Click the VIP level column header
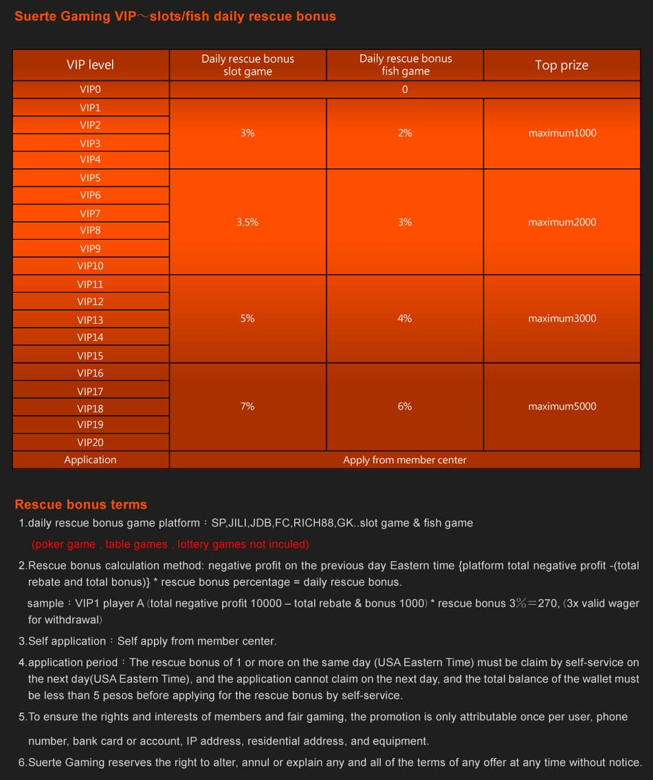point(90,65)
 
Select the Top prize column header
point(562,65)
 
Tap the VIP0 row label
point(90,89)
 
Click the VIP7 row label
point(90,214)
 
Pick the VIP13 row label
point(90,320)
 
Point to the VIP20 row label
point(90,443)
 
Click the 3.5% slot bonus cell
point(247,222)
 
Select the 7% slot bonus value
point(247,406)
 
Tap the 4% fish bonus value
point(405,318)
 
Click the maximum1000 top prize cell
point(562,133)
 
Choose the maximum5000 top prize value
point(562,406)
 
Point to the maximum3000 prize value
point(562,318)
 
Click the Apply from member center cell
point(405,460)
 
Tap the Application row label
point(90,460)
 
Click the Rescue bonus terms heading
point(80,504)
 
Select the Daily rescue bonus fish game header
point(405,65)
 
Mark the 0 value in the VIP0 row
point(405,89)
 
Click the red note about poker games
point(170,544)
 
